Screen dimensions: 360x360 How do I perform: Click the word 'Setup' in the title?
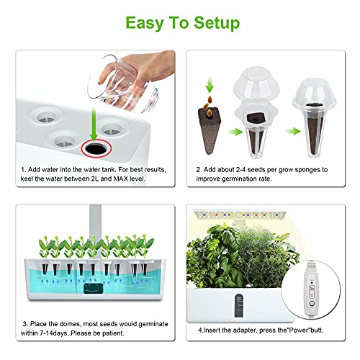[x=210, y=23]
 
